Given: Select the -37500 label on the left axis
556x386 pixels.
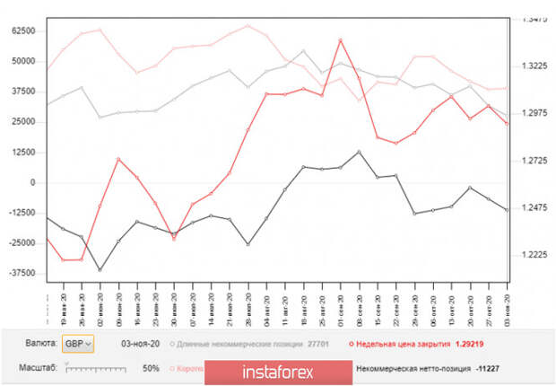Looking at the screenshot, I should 21,273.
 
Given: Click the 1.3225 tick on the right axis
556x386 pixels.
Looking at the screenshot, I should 533,66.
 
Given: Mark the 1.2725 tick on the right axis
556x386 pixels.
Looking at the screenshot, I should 533,160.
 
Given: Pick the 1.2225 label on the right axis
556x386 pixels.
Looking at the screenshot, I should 533,255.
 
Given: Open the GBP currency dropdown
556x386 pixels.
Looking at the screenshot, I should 75,344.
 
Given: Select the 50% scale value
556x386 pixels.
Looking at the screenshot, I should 151,368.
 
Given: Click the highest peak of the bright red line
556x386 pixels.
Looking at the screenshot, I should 341,39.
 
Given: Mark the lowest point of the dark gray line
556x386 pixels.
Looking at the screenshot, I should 100,269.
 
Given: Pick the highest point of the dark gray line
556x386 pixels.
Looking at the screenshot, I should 359,151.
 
